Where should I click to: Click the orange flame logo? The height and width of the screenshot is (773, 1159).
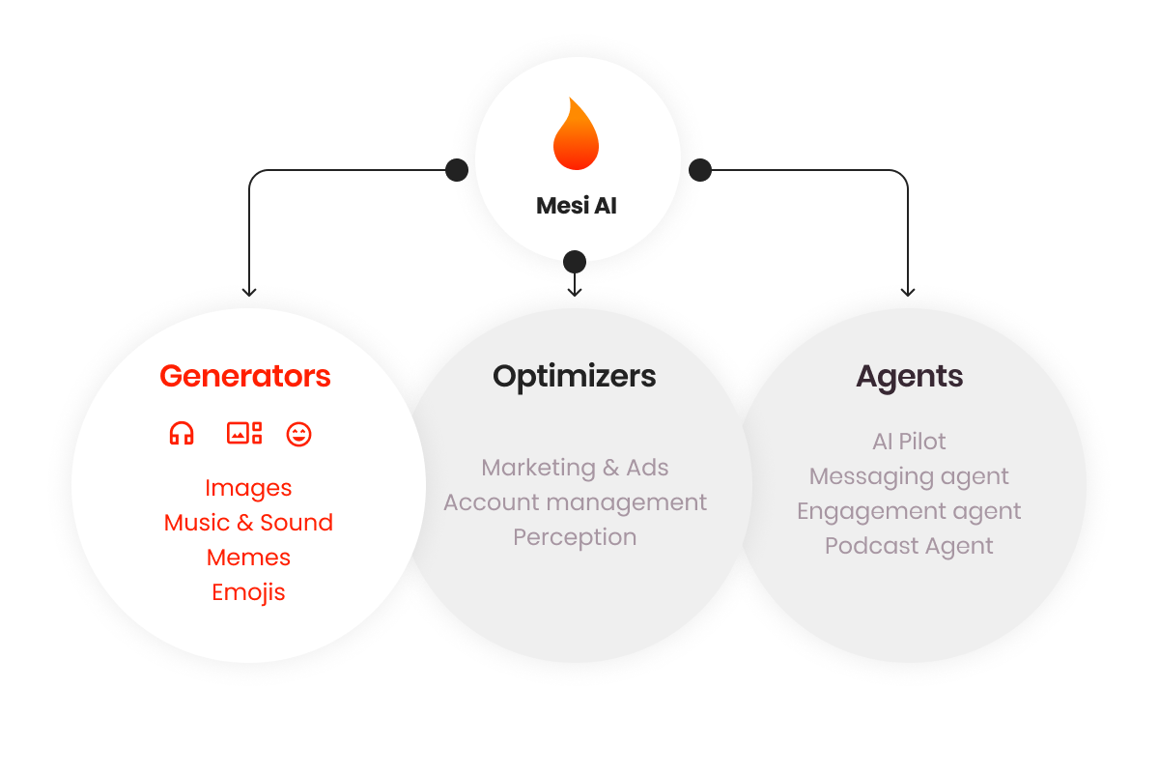click(576, 135)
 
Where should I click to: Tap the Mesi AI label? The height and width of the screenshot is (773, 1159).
click(577, 206)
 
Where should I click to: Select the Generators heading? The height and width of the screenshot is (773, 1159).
click(245, 376)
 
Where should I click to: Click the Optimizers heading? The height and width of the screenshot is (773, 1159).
click(575, 376)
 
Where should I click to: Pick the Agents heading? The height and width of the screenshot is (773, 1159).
click(910, 376)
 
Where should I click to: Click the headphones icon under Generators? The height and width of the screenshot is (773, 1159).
click(182, 434)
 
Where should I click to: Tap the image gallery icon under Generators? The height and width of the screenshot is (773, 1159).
click(244, 434)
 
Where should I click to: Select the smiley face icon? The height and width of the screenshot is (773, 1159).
click(299, 434)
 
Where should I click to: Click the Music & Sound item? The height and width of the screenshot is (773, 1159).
click(248, 523)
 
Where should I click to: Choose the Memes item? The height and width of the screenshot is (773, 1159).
click(248, 558)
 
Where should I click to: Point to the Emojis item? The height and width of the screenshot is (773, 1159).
click(248, 592)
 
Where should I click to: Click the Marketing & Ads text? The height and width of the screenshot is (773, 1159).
click(575, 468)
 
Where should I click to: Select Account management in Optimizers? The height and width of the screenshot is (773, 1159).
click(575, 502)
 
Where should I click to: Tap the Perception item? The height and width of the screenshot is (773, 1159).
click(575, 537)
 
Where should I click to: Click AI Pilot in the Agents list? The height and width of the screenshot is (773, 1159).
click(909, 442)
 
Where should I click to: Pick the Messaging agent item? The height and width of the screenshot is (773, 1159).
click(909, 476)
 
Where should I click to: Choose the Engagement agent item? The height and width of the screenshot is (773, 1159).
click(909, 511)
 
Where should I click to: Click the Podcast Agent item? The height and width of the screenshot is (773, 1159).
click(909, 546)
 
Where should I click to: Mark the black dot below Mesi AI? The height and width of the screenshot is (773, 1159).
click(575, 262)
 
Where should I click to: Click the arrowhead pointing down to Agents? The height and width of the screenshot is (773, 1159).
click(907, 291)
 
